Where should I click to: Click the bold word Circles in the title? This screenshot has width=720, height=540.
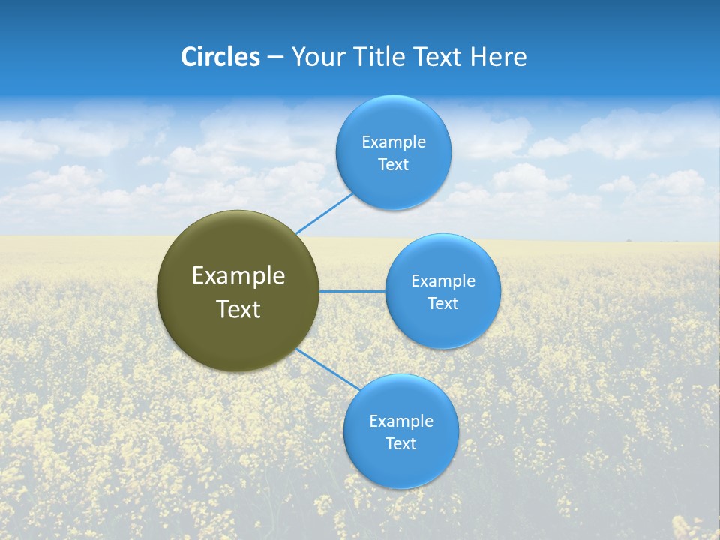click(220, 57)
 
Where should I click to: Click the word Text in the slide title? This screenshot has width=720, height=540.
click(439, 57)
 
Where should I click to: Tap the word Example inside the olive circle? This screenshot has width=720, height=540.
click(238, 276)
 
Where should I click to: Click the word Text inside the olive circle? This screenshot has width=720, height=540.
click(238, 309)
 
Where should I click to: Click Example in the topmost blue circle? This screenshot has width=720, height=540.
click(393, 142)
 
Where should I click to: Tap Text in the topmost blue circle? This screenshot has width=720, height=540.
click(393, 165)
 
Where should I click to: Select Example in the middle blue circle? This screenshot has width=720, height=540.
click(442, 281)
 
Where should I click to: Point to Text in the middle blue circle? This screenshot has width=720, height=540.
click(442, 304)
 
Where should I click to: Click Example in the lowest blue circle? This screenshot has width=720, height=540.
click(400, 421)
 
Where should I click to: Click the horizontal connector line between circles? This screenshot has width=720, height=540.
click(352, 291)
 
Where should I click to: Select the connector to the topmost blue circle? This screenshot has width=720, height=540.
click(324, 214)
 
